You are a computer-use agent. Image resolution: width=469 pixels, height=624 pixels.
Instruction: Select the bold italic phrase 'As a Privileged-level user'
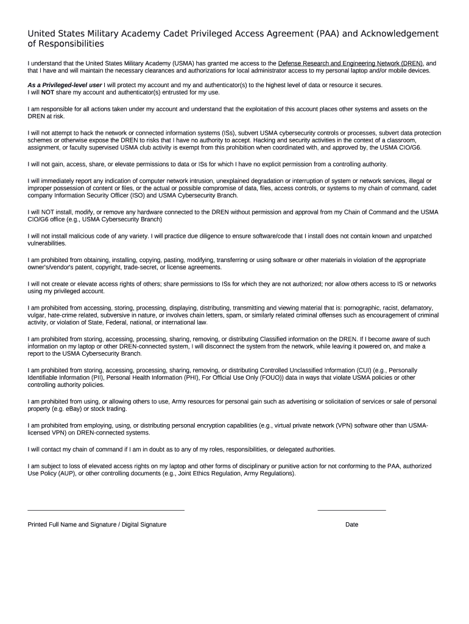tap(65, 85)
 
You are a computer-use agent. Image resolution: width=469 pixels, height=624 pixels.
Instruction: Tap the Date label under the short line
tap(351, 524)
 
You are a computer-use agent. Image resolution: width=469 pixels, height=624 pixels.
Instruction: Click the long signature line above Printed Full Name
tap(106, 510)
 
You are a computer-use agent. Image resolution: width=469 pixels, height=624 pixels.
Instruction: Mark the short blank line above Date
tap(351, 510)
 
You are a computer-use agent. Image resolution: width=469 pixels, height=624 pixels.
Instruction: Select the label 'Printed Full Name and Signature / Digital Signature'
tap(97, 524)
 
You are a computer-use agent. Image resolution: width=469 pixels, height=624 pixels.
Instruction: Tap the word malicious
tap(82, 236)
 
